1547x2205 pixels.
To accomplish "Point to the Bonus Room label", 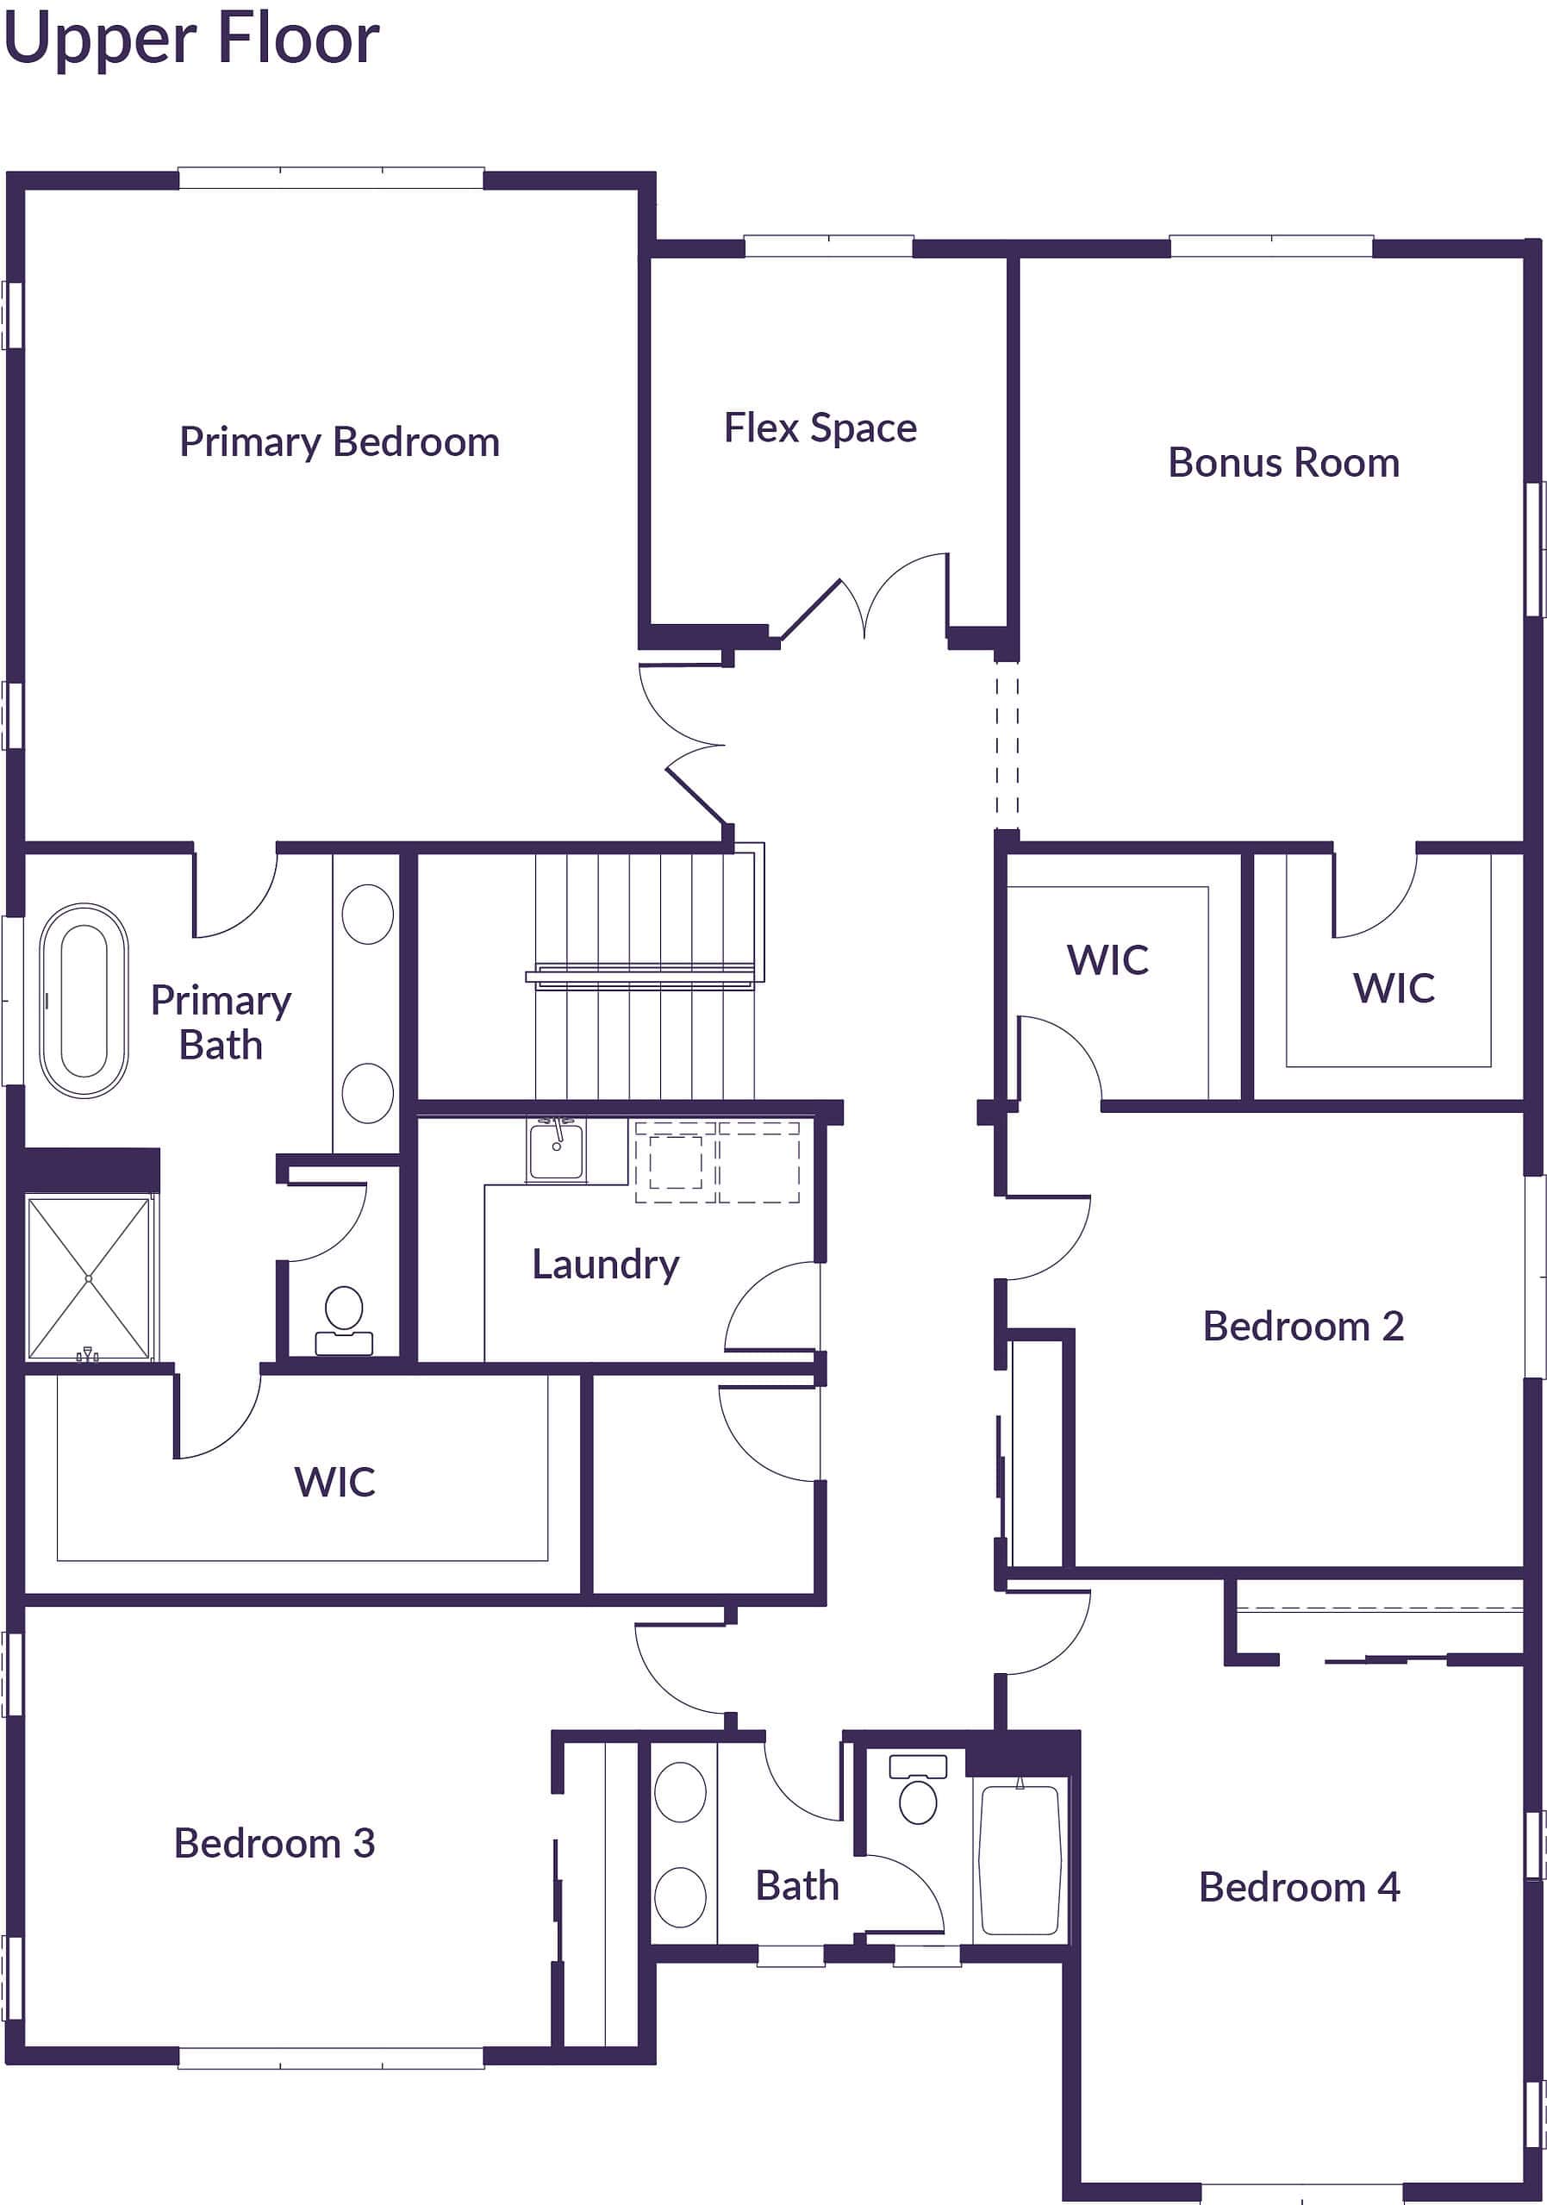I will coord(1283,463).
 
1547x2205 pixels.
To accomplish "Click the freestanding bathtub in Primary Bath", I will coord(84,1000).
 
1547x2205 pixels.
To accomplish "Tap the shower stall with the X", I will coord(89,1277).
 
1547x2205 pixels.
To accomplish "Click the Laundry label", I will coord(605,1264).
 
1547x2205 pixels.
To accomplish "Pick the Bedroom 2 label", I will coord(1302,1327).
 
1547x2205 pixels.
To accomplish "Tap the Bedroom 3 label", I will coord(274,1843).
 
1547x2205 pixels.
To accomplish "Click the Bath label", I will coord(796,1885).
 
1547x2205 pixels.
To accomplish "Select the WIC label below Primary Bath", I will coord(334,1481).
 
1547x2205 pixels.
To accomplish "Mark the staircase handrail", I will coord(640,976).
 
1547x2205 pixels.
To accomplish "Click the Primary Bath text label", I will coord(221,1021).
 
